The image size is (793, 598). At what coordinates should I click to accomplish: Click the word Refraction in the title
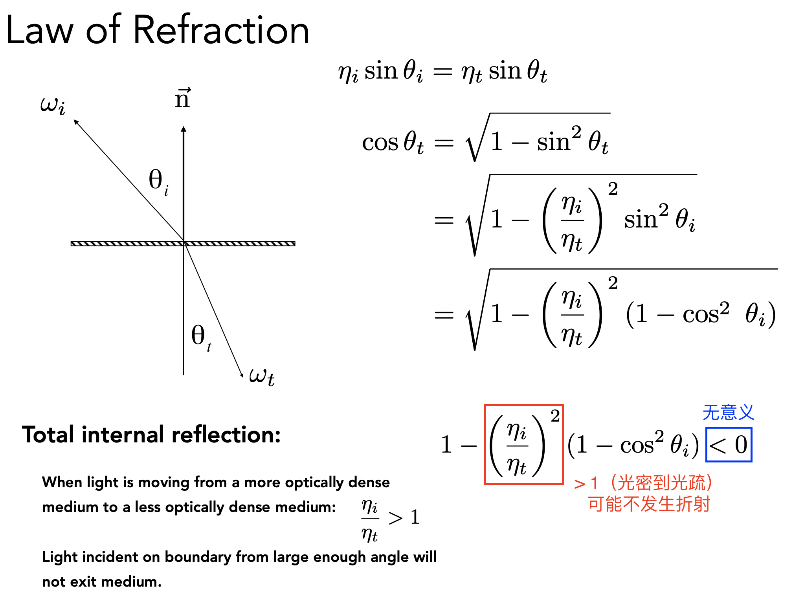click(221, 29)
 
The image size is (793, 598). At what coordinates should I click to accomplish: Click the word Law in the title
click(40, 29)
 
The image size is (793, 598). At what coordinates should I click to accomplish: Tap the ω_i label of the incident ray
click(53, 105)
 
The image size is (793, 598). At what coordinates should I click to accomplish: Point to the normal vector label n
click(183, 98)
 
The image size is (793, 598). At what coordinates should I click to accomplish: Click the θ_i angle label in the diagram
click(159, 182)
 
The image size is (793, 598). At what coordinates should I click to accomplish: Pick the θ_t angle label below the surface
click(201, 337)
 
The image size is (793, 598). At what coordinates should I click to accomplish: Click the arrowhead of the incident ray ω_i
click(76, 122)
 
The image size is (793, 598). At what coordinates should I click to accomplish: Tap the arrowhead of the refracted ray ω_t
click(241, 374)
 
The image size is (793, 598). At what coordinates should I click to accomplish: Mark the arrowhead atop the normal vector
click(184, 129)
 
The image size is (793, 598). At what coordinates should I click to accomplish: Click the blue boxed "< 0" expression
click(729, 444)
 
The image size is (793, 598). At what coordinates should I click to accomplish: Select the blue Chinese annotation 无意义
click(728, 413)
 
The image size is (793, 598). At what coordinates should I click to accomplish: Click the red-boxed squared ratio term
click(524, 444)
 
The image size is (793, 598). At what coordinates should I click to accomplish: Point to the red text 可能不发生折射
click(649, 504)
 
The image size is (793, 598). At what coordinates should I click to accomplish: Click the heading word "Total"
click(48, 435)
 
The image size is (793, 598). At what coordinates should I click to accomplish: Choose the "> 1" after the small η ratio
click(404, 517)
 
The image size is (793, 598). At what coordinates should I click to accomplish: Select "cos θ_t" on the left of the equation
click(393, 142)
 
